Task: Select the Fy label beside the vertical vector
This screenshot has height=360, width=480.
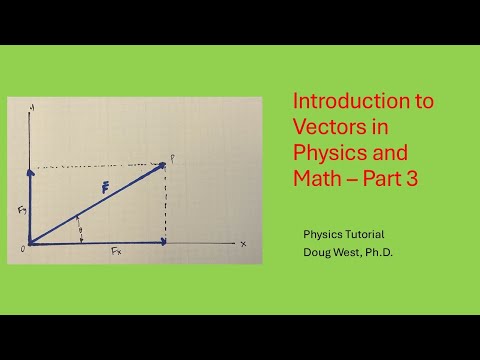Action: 19,211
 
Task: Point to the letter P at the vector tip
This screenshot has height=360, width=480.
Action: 171,158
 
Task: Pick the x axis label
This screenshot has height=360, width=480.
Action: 243,243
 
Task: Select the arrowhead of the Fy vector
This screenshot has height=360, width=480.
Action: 31,171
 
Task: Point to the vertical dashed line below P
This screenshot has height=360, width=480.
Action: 165,205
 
